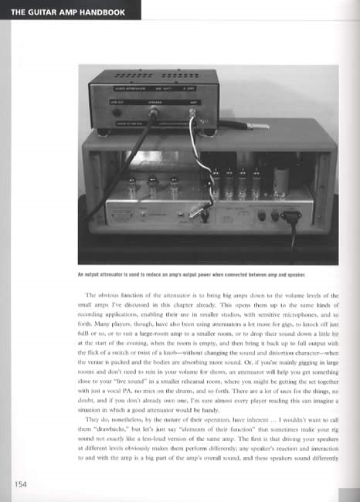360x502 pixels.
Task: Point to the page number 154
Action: [x=21, y=485]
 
